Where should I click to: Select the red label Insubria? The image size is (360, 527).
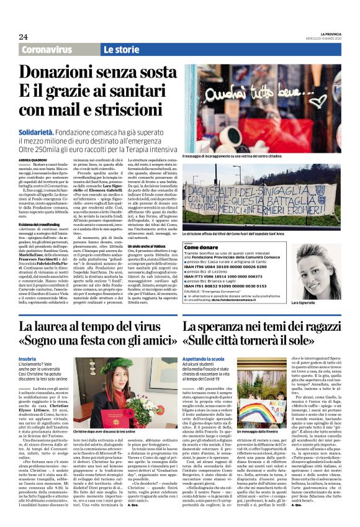tap(27, 359)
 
